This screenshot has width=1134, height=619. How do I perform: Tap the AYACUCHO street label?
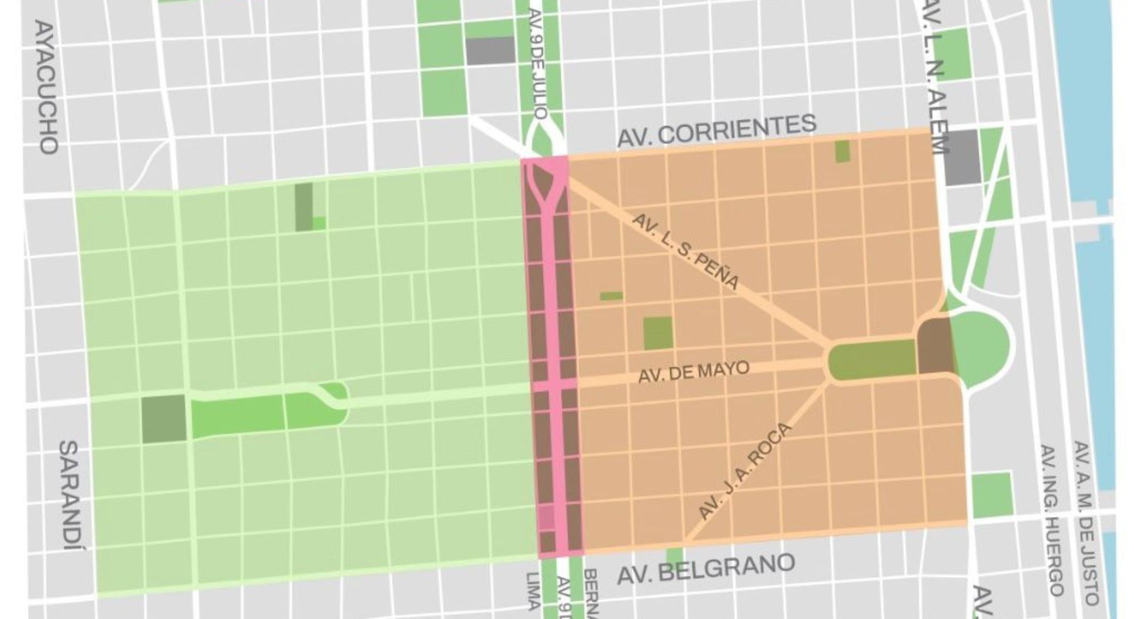click(46, 87)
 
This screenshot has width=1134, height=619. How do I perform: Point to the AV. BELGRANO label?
click(706, 568)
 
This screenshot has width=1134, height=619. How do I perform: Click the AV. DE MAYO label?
click(693, 372)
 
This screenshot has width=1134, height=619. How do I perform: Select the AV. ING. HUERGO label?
click(1053, 519)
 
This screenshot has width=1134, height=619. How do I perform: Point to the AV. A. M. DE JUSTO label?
click(1085, 522)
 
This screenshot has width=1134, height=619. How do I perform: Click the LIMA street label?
click(532, 590)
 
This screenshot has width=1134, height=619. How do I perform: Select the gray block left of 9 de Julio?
click(490, 51)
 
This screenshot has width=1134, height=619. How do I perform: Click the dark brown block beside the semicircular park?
click(935, 346)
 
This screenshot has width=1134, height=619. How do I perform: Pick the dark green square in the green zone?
click(163, 418)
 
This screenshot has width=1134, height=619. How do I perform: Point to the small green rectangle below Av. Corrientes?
click(842, 151)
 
